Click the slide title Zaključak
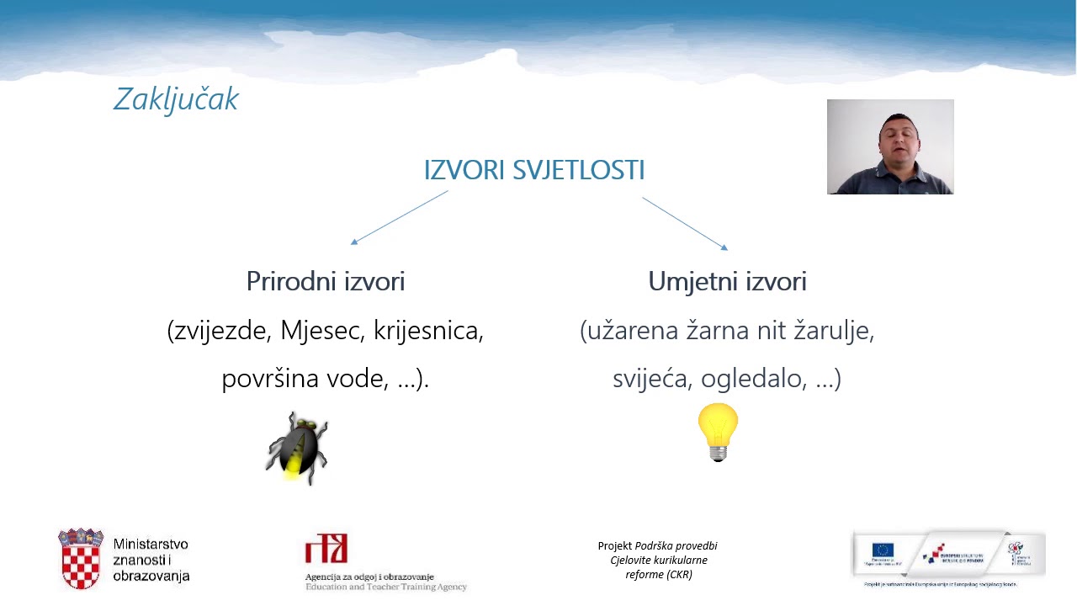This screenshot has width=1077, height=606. [176, 99]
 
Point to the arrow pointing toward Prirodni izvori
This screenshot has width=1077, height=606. [399, 218]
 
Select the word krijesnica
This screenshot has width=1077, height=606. [428, 331]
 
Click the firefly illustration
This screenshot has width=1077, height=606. [297, 448]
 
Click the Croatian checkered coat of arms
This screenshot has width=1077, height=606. [81, 560]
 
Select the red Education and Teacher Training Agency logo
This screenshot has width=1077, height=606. [326, 549]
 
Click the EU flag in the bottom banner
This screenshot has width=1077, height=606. [883, 550]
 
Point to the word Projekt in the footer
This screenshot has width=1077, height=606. [614, 546]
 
